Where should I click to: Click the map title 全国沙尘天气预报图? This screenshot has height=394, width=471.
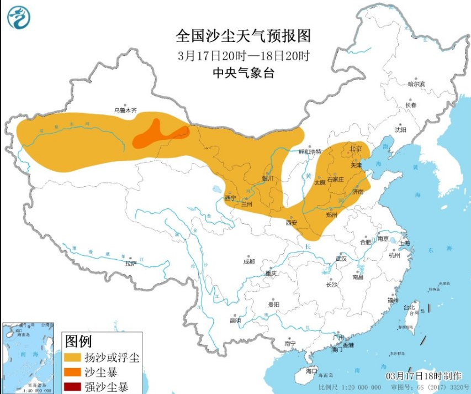(x=244, y=36)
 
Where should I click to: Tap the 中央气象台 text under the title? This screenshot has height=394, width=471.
(x=244, y=72)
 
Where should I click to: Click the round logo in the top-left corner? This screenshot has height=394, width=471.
(x=19, y=17)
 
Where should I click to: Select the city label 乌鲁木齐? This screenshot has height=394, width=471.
(x=125, y=111)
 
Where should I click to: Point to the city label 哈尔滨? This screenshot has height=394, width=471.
(x=416, y=84)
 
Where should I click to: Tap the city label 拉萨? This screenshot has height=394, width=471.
(x=130, y=263)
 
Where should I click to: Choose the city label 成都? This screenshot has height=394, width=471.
(x=249, y=261)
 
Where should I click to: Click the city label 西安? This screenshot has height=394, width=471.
(x=292, y=223)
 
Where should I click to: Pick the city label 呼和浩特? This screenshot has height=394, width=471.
(x=310, y=151)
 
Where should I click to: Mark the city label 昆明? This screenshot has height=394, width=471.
(x=235, y=320)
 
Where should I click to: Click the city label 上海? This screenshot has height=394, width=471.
(x=405, y=243)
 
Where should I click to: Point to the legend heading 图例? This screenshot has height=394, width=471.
(x=78, y=340)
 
